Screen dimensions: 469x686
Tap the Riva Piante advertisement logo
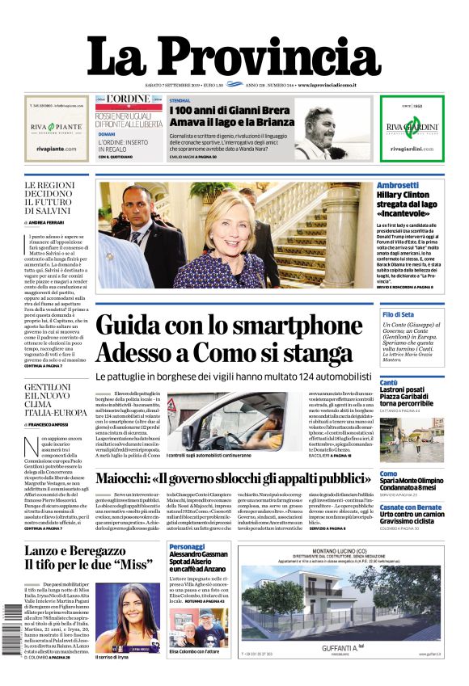pos(56,128)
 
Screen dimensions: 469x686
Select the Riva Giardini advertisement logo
pos(412,128)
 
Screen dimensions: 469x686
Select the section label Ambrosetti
pos(398,185)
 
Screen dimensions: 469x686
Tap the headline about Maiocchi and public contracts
pos(234,478)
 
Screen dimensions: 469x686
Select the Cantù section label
pos(388,381)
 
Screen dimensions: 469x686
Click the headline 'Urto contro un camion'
pos(412,516)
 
